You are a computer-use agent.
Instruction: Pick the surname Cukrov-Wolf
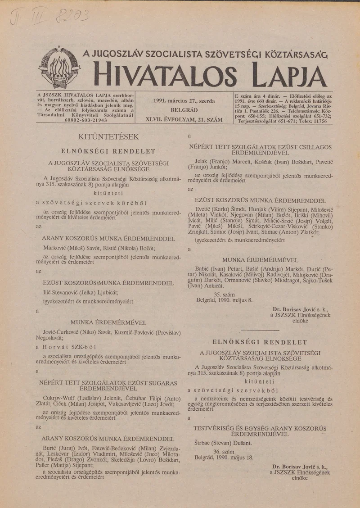(x=57, y=398)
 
